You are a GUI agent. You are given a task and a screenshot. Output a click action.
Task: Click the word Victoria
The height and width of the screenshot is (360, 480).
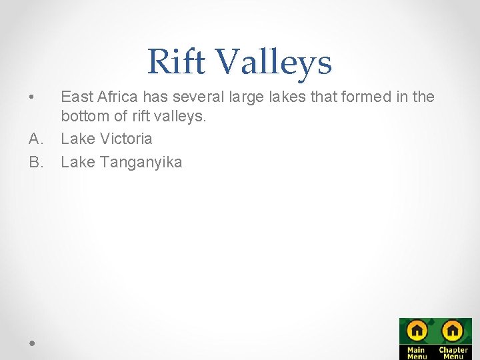tap(127, 139)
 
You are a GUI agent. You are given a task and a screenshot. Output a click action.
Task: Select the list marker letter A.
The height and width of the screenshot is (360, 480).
tap(34, 139)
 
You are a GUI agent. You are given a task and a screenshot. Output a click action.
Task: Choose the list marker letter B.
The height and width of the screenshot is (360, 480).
tap(34, 161)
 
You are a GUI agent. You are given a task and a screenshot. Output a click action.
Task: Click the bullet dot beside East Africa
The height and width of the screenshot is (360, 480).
tap(31, 98)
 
